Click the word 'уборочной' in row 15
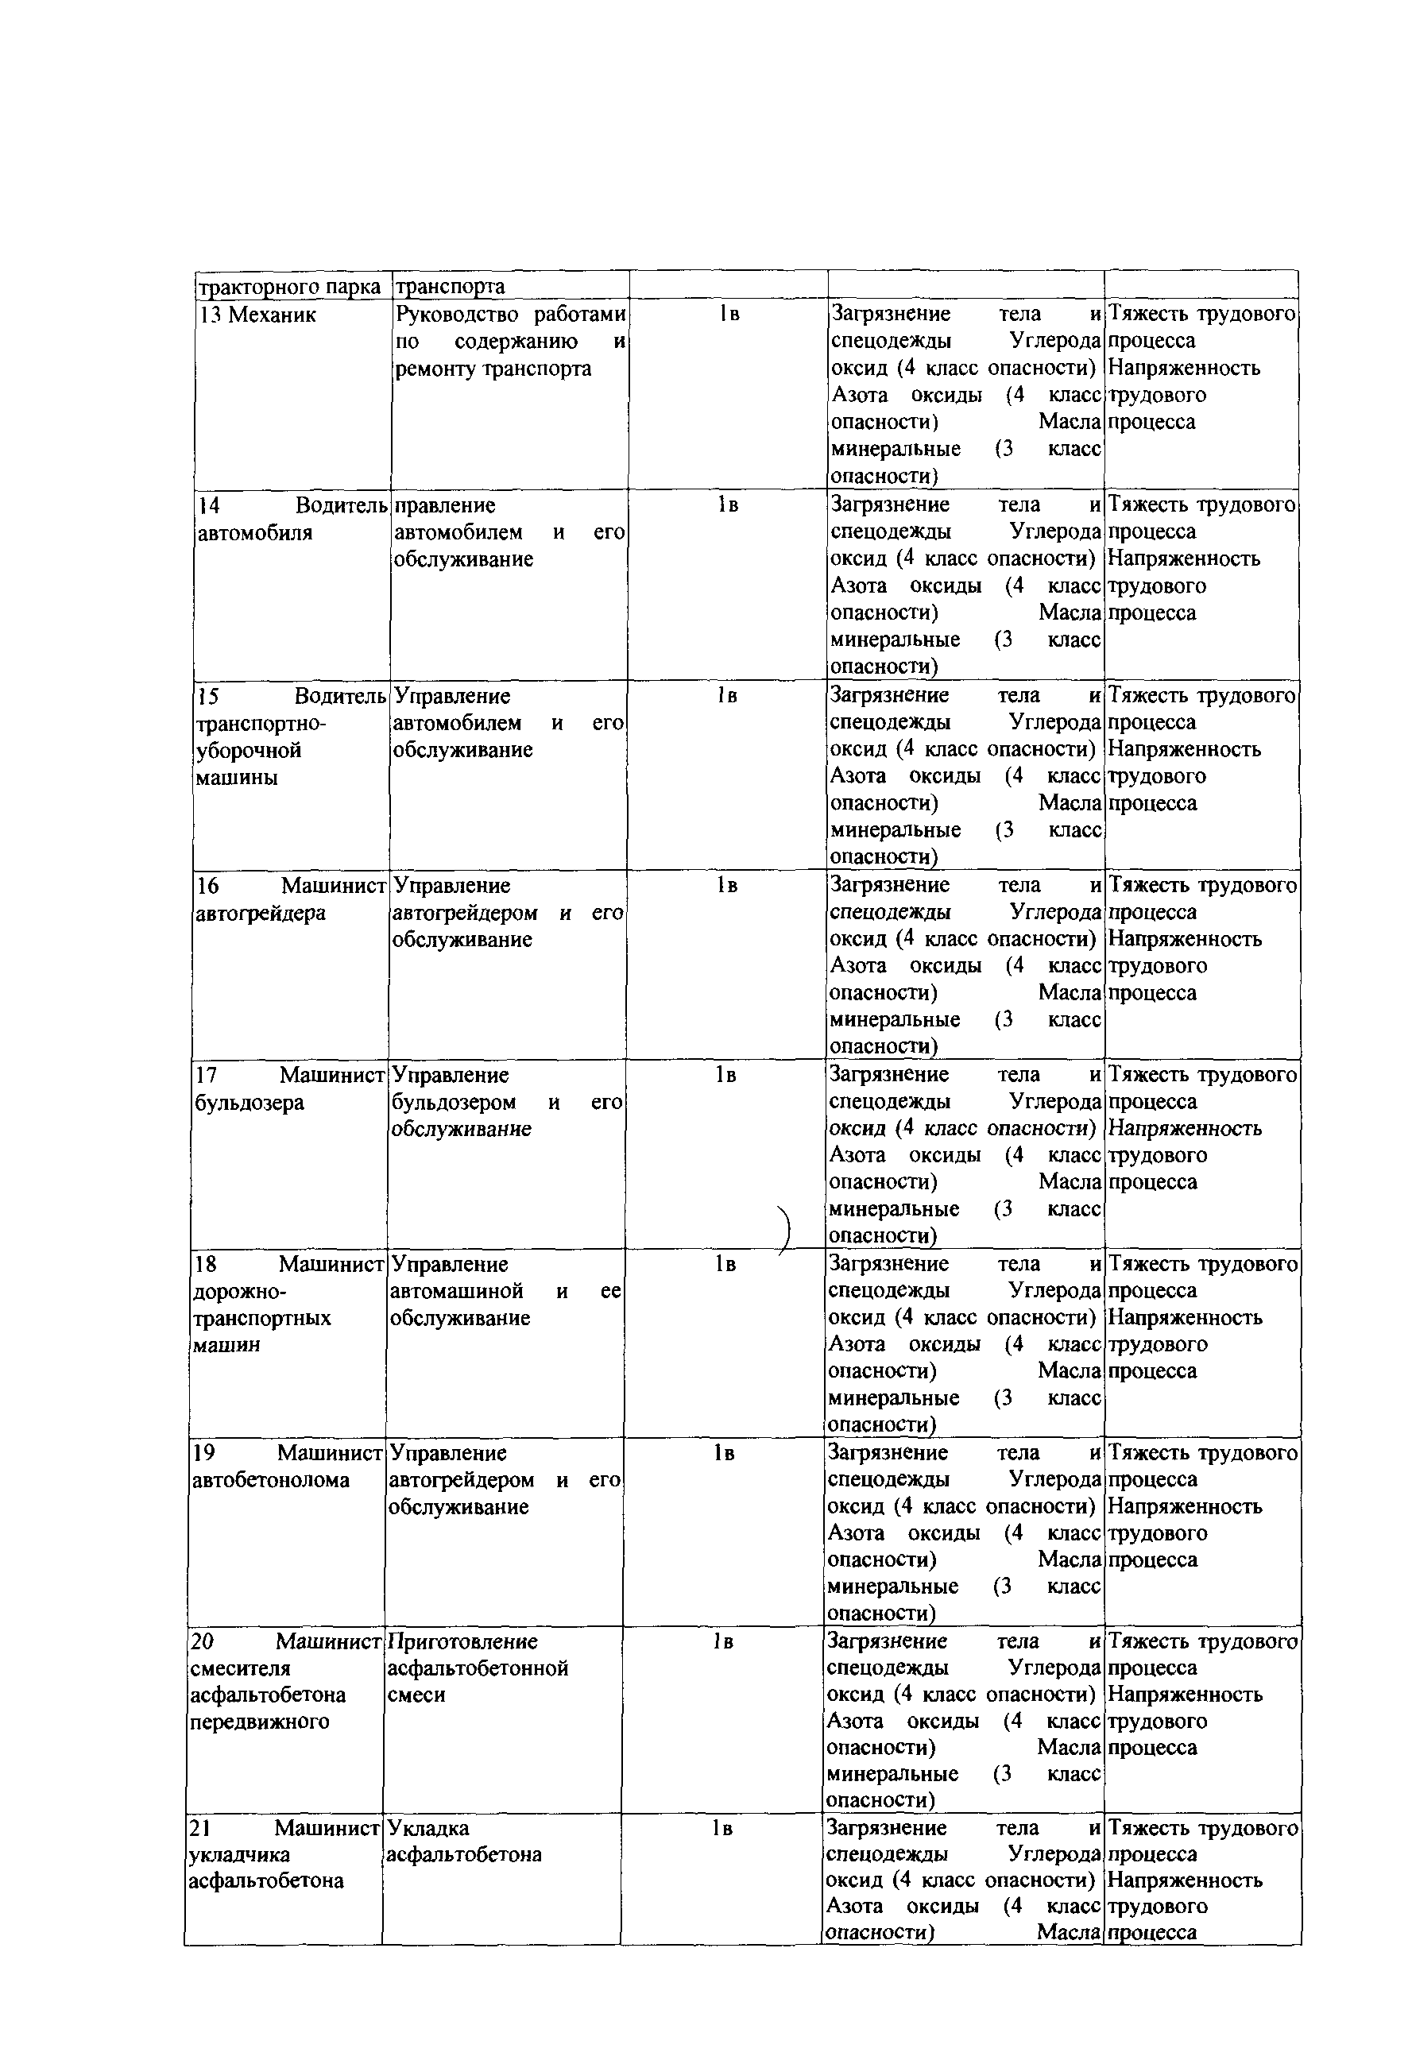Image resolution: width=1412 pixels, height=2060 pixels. coord(248,750)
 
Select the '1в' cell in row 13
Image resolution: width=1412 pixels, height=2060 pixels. coord(729,314)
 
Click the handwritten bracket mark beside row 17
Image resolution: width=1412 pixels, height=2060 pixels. coord(784,1231)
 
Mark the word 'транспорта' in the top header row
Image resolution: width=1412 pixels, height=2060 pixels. coord(450,286)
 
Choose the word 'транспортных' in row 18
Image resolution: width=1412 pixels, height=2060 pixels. coord(261,1317)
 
